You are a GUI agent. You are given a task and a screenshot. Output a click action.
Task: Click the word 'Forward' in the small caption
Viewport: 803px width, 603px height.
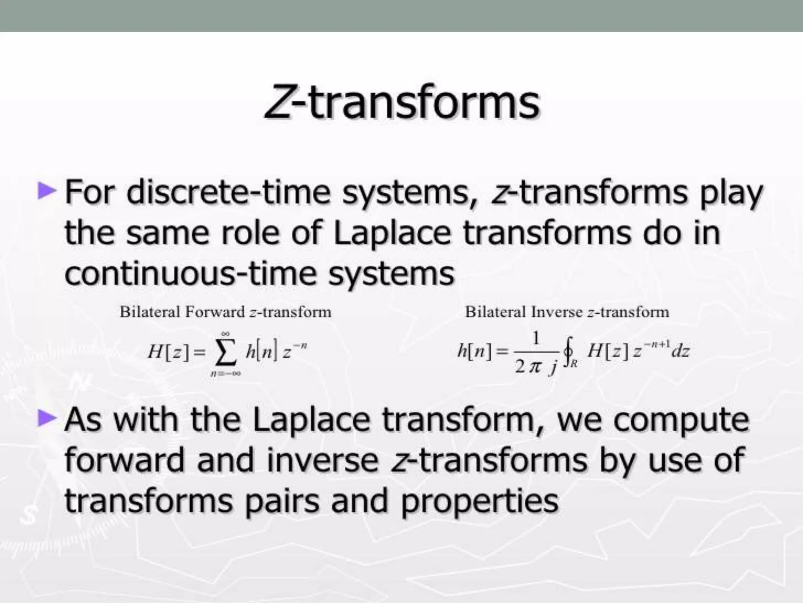(215, 312)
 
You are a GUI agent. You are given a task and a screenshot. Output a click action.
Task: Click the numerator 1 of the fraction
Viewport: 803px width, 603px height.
(536, 338)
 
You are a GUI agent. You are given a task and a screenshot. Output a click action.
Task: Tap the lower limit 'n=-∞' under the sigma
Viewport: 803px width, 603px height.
(225, 373)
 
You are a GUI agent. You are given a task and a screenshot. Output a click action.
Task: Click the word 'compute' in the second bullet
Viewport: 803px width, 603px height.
(681, 420)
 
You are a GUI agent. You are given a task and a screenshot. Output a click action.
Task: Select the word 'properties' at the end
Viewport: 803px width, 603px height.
(480, 501)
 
